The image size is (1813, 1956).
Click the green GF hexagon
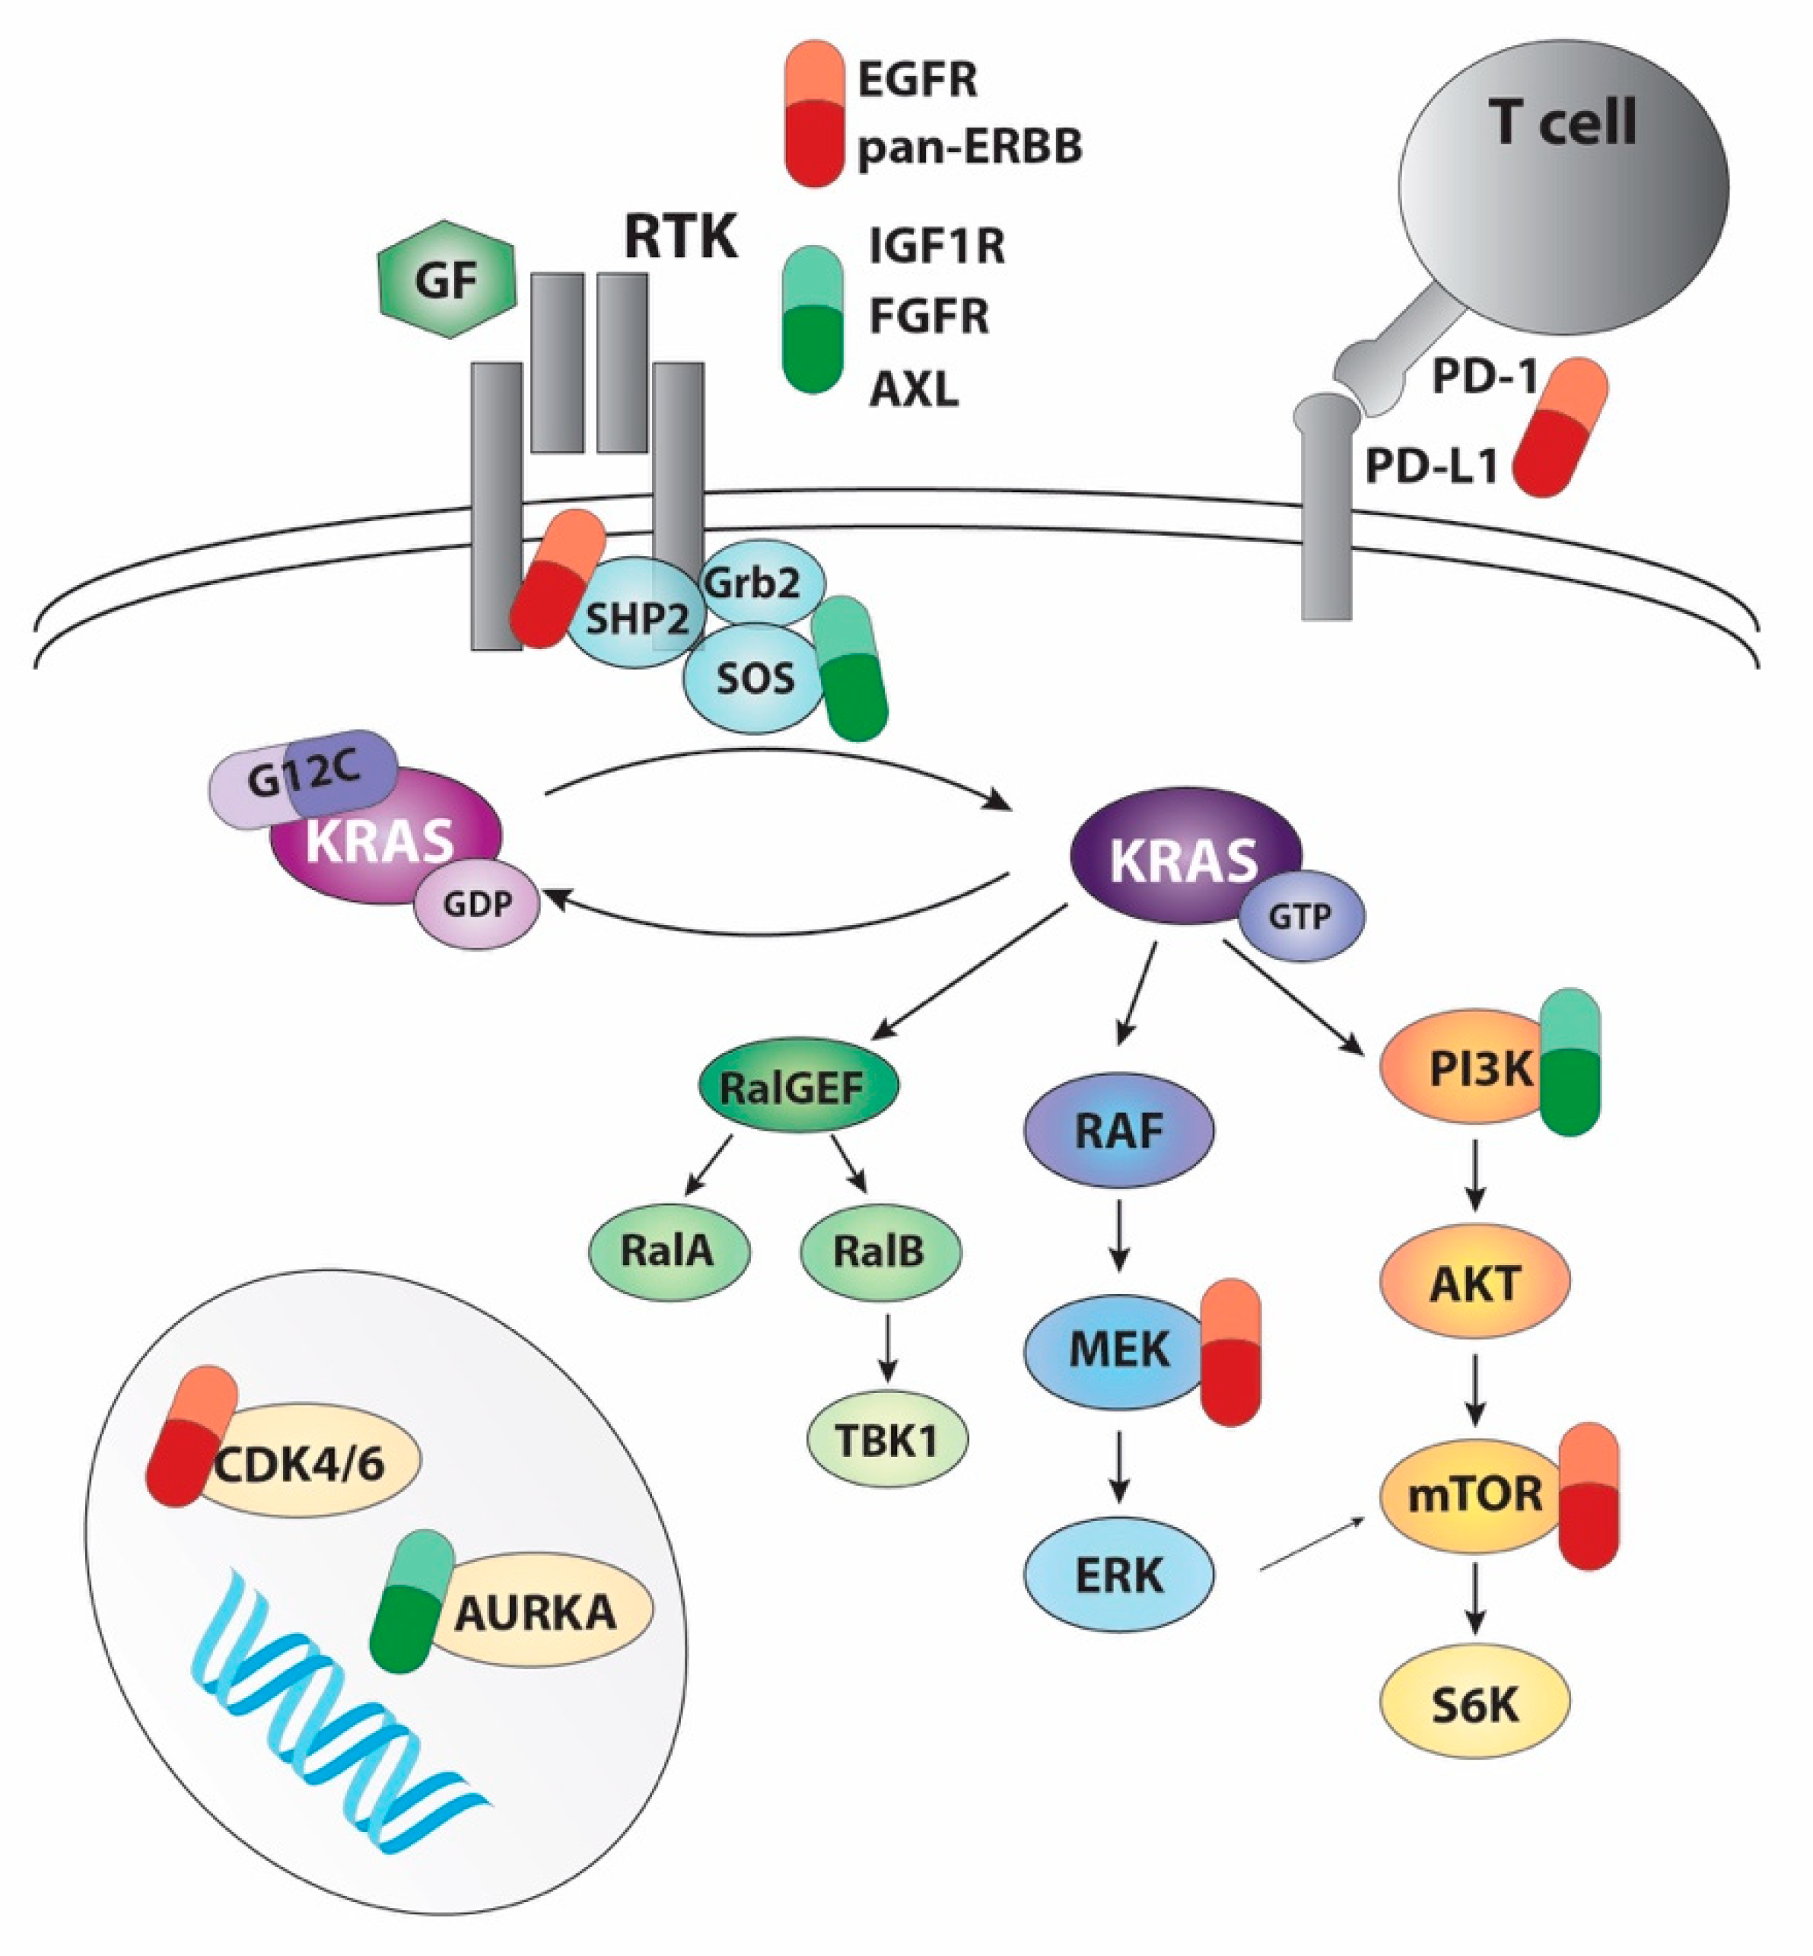tap(447, 279)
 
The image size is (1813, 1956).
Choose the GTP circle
tap(1301, 916)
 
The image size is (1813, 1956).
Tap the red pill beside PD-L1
tap(1560, 426)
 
